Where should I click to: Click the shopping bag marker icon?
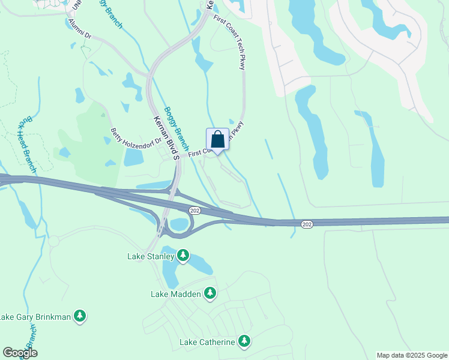(x=217, y=140)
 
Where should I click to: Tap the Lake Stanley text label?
(x=151, y=256)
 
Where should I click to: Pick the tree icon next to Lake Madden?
(x=209, y=293)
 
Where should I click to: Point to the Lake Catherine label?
(x=207, y=342)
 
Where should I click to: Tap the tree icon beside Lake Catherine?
(x=244, y=341)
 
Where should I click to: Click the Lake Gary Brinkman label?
(x=35, y=316)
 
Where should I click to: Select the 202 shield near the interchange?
(x=194, y=211)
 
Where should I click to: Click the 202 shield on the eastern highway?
(x=307, y=224)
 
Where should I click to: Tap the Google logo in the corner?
(x=20, y=353)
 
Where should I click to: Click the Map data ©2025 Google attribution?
(x=412, y=355)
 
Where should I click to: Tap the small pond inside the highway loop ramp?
(x=179, y=225)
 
